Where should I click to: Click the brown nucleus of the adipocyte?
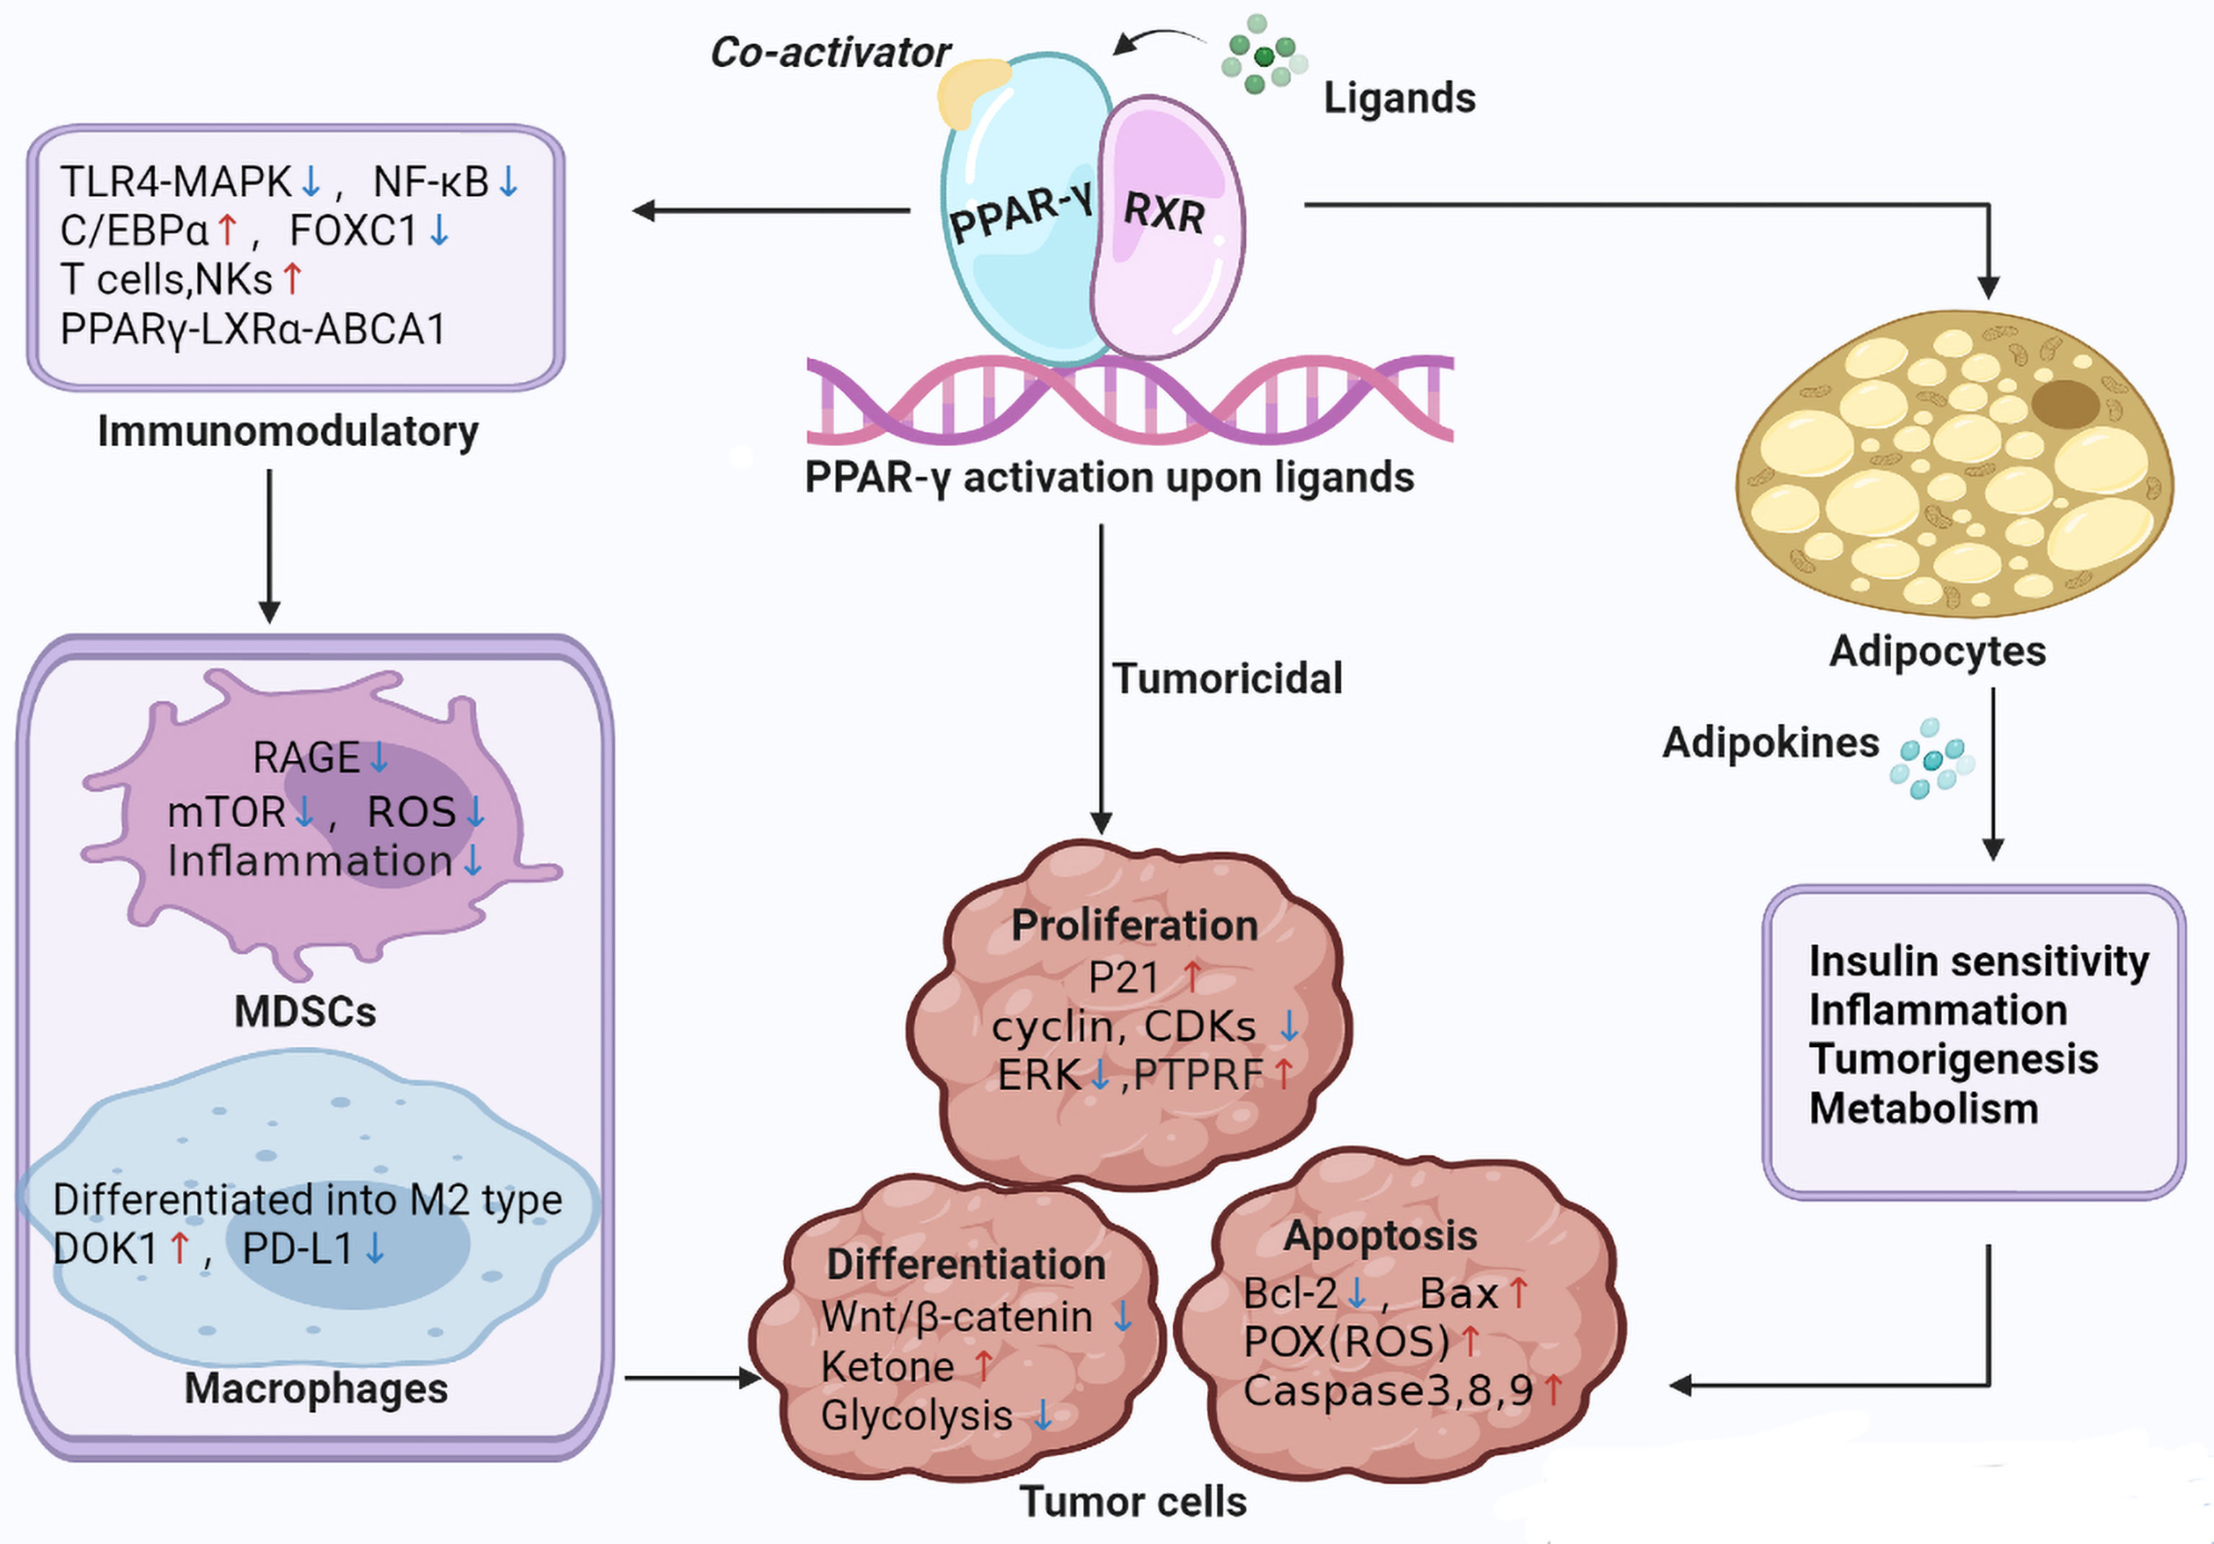click(x=2065, y=403)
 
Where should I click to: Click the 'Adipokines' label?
click(x=1771, y=743)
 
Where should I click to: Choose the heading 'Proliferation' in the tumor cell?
click(x=1134, y=925)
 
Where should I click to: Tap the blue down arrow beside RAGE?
click(x=379, y=757)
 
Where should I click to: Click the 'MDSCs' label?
click(x=305, y=1012)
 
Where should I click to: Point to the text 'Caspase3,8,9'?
click(x=1388, y=1391)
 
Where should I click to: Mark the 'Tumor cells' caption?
click(x=1133, y=1501)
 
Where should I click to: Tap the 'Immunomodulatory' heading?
click(x=288, y=432)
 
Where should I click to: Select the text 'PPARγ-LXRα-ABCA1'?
click(x=252, y=329)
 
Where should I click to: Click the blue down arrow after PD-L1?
click(x=375, y=1249)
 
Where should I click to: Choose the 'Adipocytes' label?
click(x=1937, y=651)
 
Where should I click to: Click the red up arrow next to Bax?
click(x=1518, y=1293)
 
